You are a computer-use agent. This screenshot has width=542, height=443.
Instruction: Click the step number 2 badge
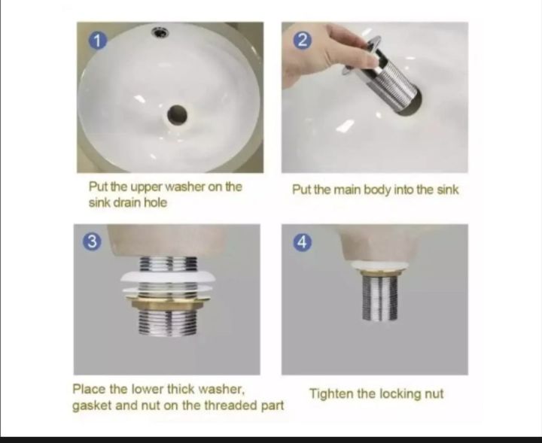(x=301, y=41)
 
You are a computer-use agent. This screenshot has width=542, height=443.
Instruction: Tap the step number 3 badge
(x=92, y=241)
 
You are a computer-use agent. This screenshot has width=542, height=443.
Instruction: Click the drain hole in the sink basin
(x=177, y=114)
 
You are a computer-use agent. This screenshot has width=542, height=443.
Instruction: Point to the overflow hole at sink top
(x=160, y=32)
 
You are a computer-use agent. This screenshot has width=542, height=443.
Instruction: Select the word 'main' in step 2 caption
(x=352, y=190)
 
